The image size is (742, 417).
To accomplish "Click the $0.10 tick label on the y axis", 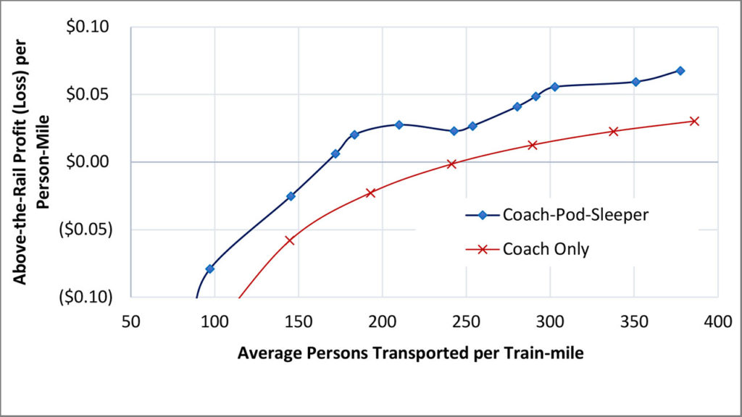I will tap(88, 28).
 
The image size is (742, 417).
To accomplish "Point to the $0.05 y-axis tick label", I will tap(88, 95).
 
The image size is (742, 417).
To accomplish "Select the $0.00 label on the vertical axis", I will tap(88, 162).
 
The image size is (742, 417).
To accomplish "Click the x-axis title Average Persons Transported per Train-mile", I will tap(410, 354).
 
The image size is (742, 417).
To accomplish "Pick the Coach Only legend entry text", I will tap(546, 249).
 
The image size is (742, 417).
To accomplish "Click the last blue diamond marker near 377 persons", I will tap(680, 71).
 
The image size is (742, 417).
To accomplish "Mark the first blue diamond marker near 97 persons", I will tap(210, 269).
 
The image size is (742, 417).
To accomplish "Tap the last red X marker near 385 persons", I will tap(694, 121).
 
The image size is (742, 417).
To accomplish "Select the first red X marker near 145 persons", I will tap(290, 240).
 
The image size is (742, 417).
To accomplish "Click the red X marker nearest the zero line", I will tap(452, 164).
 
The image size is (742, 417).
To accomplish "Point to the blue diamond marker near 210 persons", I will tap(399, 125).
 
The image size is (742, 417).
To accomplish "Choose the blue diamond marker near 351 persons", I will tap(635, 82).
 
